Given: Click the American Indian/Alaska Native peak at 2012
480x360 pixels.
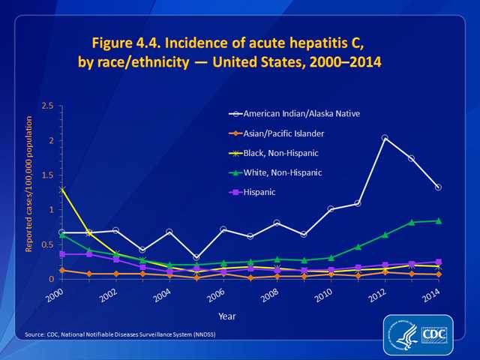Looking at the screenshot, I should pyautogui.click(x=385, y=138).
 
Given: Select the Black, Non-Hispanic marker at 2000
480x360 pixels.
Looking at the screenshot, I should pyautogui.click(x=62, y=189).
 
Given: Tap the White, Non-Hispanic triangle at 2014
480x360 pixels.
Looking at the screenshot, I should pyautogui.click(x=438, y=220).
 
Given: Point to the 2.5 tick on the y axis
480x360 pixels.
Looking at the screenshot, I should pyautogui.click(x=46, y=106).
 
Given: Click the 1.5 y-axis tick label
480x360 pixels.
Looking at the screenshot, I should pyautogui.click(x=46, y=175).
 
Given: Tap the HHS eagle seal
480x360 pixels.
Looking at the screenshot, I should pyautogui.click(x=402, y=334).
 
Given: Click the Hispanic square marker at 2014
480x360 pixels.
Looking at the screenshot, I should pyautogui.click(x=438, y=262).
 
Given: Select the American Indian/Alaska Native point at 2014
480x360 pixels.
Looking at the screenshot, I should pyautogui.click(x=438, y=187).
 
